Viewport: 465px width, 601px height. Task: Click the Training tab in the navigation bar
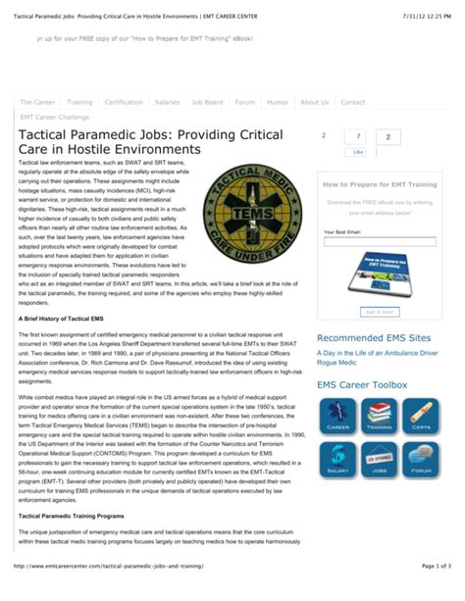(79, 102)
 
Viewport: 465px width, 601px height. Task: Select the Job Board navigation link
(207, 102)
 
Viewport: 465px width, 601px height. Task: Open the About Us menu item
(314, 102)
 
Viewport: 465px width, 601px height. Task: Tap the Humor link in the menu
(278, 102)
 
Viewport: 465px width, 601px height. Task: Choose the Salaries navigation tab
(168, 102)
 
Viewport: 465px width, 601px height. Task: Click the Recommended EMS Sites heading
(373, 338)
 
